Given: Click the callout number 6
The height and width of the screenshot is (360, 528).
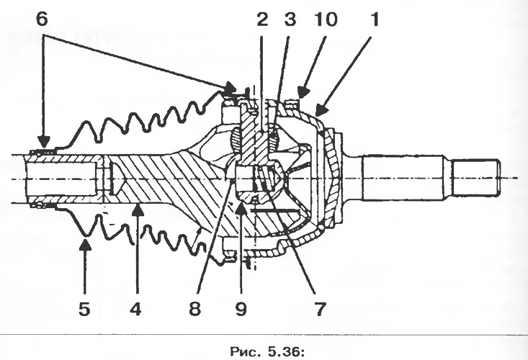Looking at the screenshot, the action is [x=42, y=19].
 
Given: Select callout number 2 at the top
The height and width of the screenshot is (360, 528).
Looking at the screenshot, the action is [x=262, y=19].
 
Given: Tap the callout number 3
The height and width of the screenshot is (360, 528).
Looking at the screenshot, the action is [x=290, y=19].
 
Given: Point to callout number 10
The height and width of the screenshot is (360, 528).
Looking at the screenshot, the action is [x=326, y=19].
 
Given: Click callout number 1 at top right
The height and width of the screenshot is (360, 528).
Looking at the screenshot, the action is [x=375, y=19].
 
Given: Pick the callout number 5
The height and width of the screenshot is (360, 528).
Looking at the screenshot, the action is [x=84, y=309].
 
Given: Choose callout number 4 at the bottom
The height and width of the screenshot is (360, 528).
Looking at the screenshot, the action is [x=135, y=309].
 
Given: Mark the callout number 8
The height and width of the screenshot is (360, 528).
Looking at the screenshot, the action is [x=194, y=309].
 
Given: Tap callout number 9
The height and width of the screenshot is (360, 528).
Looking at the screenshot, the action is [x=241, y=309].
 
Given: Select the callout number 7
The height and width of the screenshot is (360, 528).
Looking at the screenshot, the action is [x=320, y=309].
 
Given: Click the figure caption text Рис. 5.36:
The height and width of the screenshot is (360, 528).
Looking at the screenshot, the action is [x=267, y=352].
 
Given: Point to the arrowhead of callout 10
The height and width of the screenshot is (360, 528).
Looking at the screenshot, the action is [x=303, y=93].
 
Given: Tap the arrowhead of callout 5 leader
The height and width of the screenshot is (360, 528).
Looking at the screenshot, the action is [x=85, y=244].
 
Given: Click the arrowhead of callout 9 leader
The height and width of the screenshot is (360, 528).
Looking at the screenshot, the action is [x=241, y=207].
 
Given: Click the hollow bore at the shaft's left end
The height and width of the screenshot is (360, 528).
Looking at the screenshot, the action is [x=61, y=179].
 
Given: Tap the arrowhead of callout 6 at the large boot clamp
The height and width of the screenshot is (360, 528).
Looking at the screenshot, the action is [x=230, y=88].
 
